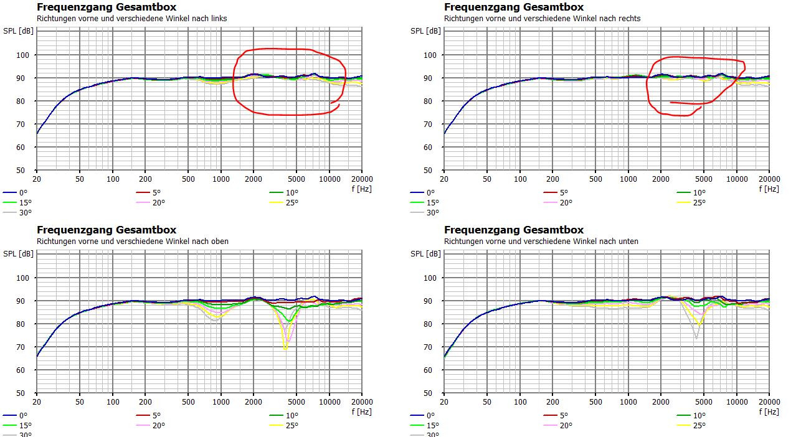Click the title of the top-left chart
[107, 7]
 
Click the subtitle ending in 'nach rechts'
[542, 19]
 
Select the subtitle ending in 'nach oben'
[133, 242]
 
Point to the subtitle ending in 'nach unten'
[541, 242]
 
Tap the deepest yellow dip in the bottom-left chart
[285, 349]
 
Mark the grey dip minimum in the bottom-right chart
[696, 338]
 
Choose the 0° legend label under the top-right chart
[430, 193]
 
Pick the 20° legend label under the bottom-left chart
[158, 425]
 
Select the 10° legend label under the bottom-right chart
[699, 416]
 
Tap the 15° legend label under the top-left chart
[25, 202]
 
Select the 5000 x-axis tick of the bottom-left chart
[296, 402]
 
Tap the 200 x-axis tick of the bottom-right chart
[552, 402]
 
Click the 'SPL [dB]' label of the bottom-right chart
[425, 254]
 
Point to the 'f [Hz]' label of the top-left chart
[362, 189]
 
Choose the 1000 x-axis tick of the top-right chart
[628, 179]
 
